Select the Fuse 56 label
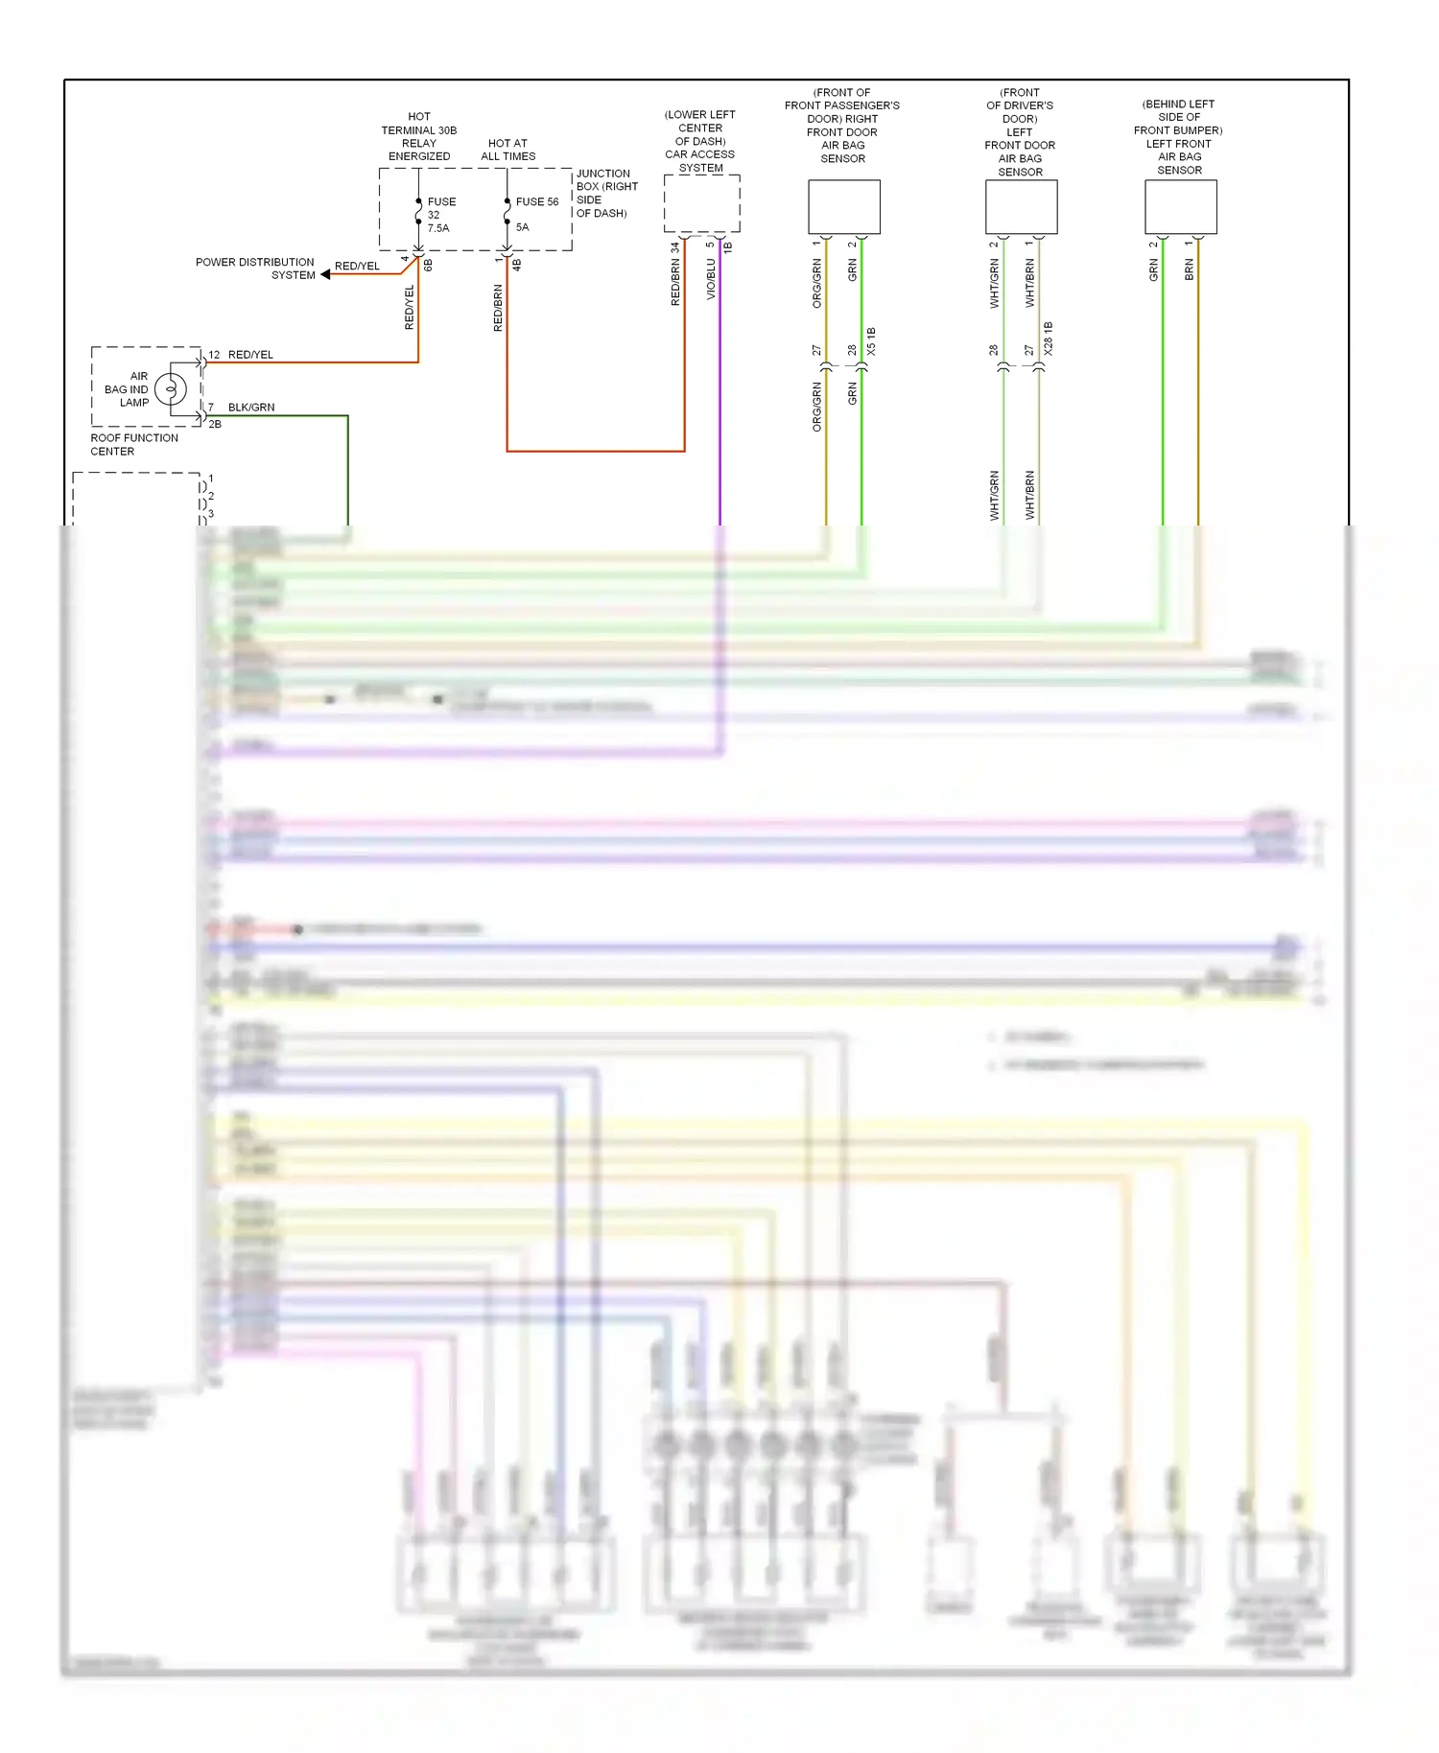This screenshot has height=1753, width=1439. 536,201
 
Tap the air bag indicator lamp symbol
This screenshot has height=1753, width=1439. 171,389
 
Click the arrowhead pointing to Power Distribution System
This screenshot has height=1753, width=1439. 326,274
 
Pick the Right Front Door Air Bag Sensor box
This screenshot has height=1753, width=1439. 843,207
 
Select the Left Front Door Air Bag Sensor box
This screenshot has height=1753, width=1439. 1021,207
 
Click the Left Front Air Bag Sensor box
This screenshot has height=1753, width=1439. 1180,207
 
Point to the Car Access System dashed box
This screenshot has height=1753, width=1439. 701,203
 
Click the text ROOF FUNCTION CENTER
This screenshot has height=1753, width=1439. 133,444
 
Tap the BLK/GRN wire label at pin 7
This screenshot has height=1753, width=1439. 251,408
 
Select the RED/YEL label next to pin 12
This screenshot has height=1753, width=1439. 250,355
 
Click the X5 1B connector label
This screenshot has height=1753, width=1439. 871,342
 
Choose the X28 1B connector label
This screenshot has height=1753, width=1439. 1048,339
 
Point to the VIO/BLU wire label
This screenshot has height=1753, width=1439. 711,279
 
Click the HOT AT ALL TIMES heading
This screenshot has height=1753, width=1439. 507,150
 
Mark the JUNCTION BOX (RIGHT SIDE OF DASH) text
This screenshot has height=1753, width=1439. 605,193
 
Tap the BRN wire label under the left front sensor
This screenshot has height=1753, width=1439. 1189,270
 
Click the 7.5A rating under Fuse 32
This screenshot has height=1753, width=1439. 437,228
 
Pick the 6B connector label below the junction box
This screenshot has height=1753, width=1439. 428,265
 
